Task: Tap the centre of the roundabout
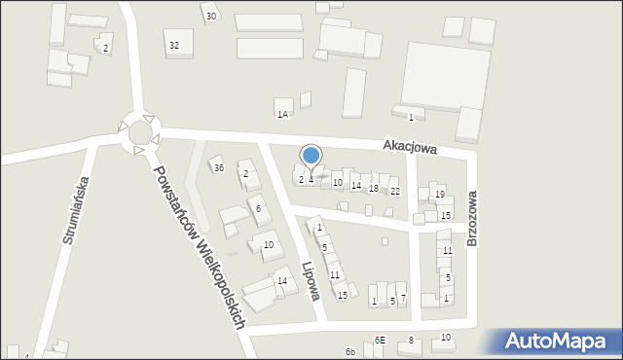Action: [x=137, y=133]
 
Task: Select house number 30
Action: [x=211, y=17]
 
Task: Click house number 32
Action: [x=174, y=46]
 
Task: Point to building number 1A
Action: [x=282, y=114]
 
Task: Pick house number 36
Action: [x=219, y=168]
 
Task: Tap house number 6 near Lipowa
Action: [x=258, y=208]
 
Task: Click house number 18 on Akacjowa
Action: [x=374, y=188]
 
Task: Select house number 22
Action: [x=394, y=192]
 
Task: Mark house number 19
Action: [x=440, y=195]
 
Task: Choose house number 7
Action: [x=403, y=299]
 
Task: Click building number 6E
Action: [x=380, y=341]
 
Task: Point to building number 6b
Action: [x=349, y=351]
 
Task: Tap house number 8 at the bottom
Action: [x=411, y=340]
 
